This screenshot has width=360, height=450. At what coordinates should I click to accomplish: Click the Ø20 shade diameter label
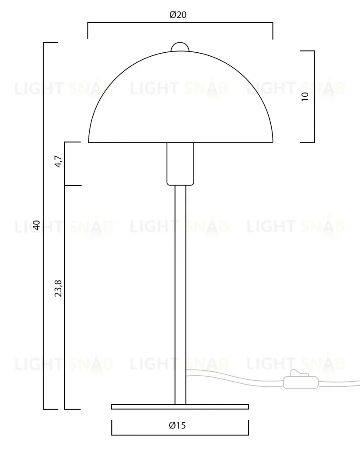click(178, 15)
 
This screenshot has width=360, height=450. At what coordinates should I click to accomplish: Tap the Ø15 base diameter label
click(178, 425)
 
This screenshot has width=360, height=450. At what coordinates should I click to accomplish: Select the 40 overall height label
click(36, 225)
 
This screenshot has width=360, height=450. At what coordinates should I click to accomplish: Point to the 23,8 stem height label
click(58, 288)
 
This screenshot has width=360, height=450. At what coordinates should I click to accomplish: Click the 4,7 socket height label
click(58, 161)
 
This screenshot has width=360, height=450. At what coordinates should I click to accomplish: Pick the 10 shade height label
click(305, 96)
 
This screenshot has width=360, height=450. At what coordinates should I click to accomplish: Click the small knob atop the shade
click(180, 47)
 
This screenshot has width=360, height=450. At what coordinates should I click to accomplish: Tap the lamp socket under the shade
click(180, 164)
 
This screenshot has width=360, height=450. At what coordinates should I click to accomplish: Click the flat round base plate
click(180, 406)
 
